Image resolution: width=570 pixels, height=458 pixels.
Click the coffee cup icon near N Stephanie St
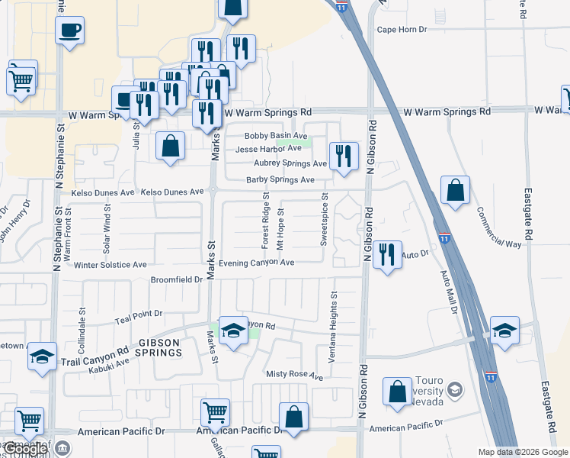70,31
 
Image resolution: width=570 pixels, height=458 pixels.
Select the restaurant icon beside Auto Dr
387,255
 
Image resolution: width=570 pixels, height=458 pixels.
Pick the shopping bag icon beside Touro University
398,392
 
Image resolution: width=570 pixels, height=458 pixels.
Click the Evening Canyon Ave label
256,263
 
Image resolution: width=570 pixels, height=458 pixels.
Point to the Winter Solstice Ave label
110,265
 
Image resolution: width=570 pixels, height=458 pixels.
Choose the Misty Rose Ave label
294,375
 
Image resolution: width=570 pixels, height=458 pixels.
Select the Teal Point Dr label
138,313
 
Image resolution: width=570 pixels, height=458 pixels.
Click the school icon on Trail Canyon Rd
43,356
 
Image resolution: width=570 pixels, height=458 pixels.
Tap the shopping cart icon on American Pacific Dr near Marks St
215,413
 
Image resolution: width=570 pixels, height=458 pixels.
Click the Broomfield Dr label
177,279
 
